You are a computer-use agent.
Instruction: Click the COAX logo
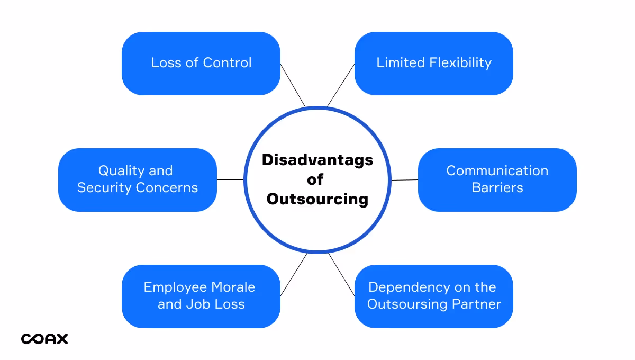pyautogui.click(x=44, y=339)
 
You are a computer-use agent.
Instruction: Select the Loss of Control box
pyautogui.click(x=201, y=64)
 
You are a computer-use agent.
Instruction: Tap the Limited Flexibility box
pyautogui.click(x=434, y=64)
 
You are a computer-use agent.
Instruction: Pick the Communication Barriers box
pyautogui.click(x=497, y=180)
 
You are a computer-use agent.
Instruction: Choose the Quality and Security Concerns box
pyautogui.click(x=138, y=180)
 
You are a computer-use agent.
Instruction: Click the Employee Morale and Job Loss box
pyautogui.click(x=201, y=296)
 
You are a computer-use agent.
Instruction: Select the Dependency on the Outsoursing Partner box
pyautogui.click(x=434, y=296)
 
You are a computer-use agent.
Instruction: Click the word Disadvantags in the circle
pyautogui.click(x=317, y=160)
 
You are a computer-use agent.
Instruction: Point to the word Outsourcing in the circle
pyautogui.click(x=317, y=199)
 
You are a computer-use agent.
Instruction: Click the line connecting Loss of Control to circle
pyautogui.click(x=293, y=85)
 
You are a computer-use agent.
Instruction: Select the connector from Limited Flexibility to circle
pyautogui.click(x=341, y=85)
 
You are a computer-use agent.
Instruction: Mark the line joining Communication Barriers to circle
pyautogui.click(x=405, y=180)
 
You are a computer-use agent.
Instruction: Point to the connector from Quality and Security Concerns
pyautogui.click(x=230, y=179)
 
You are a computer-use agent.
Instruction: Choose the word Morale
pyautogui.click(x=233, y=287)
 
